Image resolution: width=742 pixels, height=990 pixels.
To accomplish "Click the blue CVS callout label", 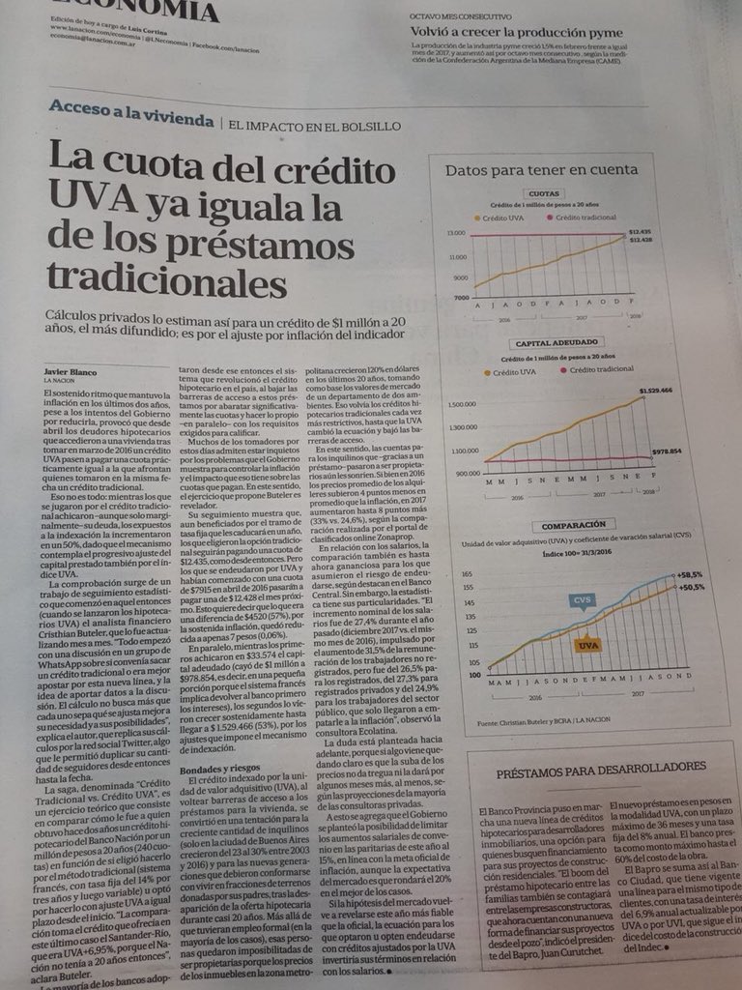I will click(x=582, y=600).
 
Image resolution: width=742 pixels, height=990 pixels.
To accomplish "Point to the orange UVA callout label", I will click(x=587, y=643).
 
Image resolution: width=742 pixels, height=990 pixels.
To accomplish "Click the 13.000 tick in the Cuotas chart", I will click(x=455, y=233).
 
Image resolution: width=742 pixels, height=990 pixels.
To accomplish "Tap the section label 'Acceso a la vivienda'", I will click(x=131, y=120).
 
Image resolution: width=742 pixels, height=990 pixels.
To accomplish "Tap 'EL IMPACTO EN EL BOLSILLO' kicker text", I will click(x=315, y=124).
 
